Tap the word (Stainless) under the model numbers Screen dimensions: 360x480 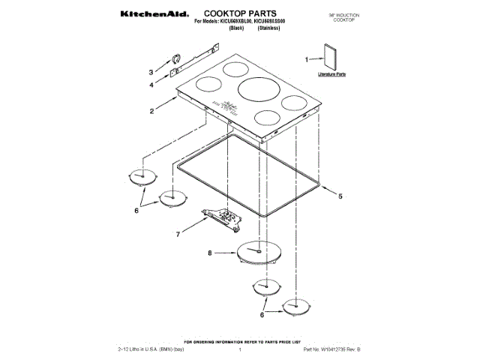(x=268, y=30)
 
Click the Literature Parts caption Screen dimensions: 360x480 (x=331, y=76)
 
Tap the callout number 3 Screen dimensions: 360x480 (x=151, y=73)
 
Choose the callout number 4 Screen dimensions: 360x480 (x=151, y=85)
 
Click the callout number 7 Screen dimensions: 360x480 (x=178, y=234)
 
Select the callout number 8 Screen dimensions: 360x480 (x=210, y=253)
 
